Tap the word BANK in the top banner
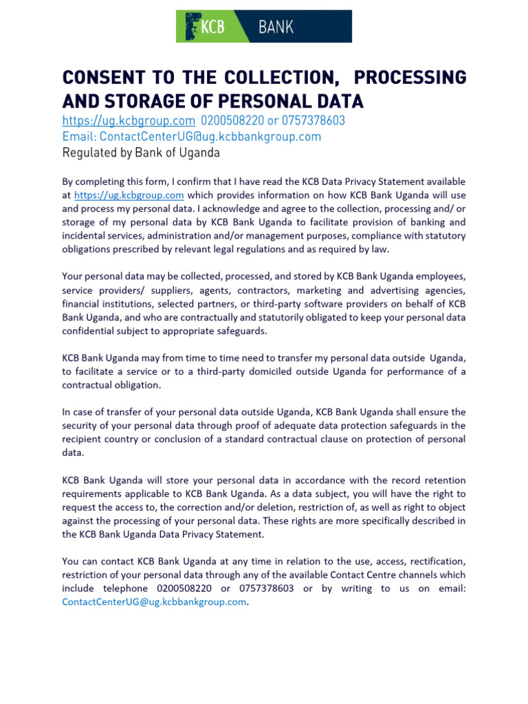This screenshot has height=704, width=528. (x=276, y=27)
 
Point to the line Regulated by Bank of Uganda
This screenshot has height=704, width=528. (x=141, y=153)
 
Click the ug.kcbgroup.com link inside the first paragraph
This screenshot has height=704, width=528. (x=129, y=195)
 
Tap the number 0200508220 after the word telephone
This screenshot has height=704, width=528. (x=186, y=588)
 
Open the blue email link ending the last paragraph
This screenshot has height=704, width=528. (x=153, y=602)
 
